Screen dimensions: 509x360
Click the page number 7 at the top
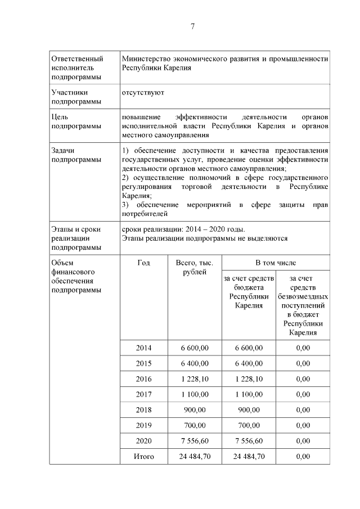(x=192, y=26)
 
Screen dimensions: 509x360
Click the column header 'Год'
(x=143, y=263)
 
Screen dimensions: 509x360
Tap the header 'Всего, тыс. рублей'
(x=195, y=267)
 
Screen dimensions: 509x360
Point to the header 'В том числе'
(x=276, y=263)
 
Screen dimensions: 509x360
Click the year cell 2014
(x=143, y=348)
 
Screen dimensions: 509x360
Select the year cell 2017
(x=143, y=394)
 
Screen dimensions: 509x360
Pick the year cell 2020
(x=143, y=440)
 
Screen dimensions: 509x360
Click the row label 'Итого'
(x=143, y=456)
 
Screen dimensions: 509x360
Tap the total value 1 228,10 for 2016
(x=195, y=379)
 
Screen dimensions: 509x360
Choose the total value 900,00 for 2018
(x=195, y=410)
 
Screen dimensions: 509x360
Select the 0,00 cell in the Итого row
(x=303, y=456)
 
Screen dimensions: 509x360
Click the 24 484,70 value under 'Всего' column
(x=195, y=456)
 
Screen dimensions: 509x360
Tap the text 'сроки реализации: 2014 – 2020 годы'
(x=183, y=229)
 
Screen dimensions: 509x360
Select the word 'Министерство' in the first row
(x=147, y=58)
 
